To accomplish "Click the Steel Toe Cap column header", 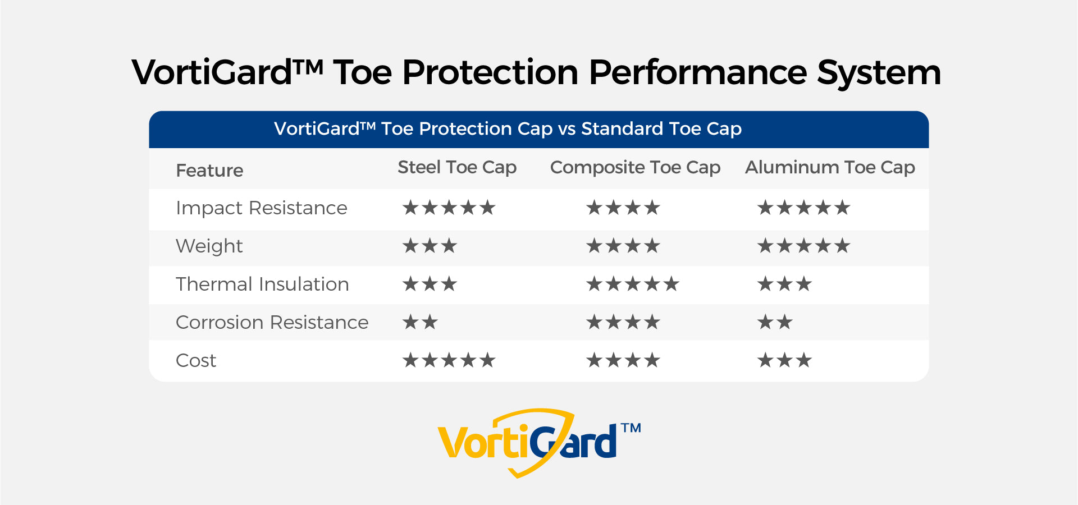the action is [x=457, y=168].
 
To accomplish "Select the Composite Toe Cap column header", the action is [x=635, y=168].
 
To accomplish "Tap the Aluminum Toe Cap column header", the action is [x=830, y=168].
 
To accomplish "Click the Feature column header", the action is [x=209, y=171].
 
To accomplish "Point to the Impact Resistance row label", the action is [x=262, y=208].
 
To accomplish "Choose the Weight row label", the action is [x=209, y=247].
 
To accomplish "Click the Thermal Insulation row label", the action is [x=262, y=284].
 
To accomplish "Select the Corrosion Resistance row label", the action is [x=272, y=323].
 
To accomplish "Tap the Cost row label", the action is [x=196, y=361].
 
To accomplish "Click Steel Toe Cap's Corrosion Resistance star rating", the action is [x=420, y=322].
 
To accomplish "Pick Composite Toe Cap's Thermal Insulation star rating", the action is [x=633, y=284].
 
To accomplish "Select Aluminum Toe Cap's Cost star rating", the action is [x=784, y=360].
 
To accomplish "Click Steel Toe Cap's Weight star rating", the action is [x=430, y=246].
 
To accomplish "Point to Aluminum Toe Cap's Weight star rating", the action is [x=804, y=246].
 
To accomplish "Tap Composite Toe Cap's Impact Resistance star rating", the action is [x=623, y=208].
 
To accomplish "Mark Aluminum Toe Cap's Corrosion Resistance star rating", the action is [x=775, y=322].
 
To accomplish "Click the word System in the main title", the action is [x=879, y=74].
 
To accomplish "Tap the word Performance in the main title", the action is [x=698, y=72].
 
